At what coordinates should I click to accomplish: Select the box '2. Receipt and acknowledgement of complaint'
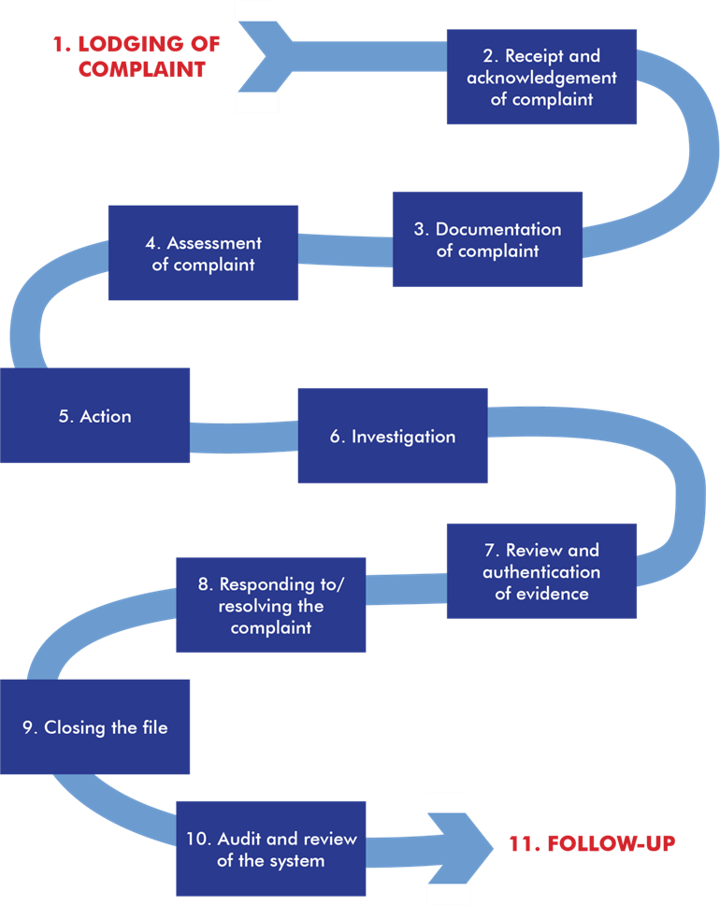click(x=541, y=77)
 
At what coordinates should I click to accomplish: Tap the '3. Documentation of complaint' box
click(x=487, y=239)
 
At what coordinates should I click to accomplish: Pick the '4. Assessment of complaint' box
click(x=203, y=253)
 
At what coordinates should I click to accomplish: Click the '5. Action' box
click(x=94, y=416)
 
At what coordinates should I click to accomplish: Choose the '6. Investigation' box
click(x=392, y=437)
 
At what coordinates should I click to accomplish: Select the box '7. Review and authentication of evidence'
click(x=541, y=570)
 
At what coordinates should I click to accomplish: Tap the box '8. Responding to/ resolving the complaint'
click(x=271, y=606)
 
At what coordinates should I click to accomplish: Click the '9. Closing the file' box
click(x=94, y=726)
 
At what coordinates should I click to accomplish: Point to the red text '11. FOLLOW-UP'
click(x=591, y=843)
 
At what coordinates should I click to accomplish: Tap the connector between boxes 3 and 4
click(x=345, y=249)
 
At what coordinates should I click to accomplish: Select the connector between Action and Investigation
click(x=243, y=437)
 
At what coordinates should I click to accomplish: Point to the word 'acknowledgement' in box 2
click(x=541, y=78)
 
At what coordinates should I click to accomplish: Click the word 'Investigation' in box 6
click(x=403, y=437)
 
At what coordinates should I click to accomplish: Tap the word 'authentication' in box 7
click(x=541, y=571)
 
